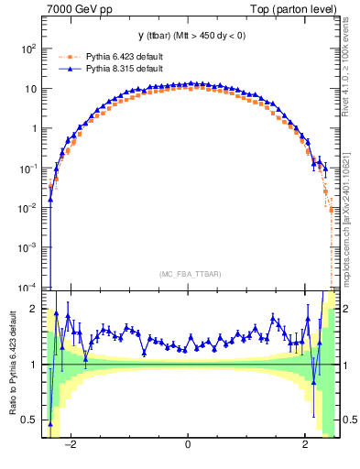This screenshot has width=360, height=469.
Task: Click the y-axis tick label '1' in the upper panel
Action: (x=35, y=128)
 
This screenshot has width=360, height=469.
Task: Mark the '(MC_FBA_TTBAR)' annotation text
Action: (x=189, y=275)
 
